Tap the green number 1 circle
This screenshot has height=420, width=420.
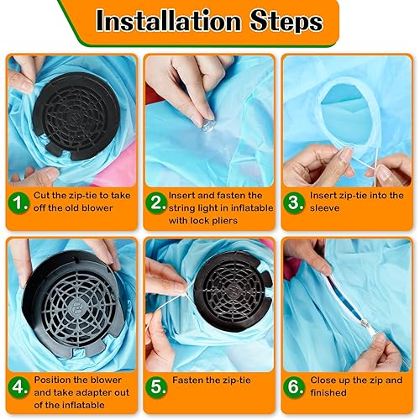point(21,204)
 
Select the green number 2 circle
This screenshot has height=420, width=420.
point(157,204)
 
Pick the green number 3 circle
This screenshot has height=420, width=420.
point(296,204)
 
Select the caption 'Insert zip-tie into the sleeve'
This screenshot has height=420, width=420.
point(357,202)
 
